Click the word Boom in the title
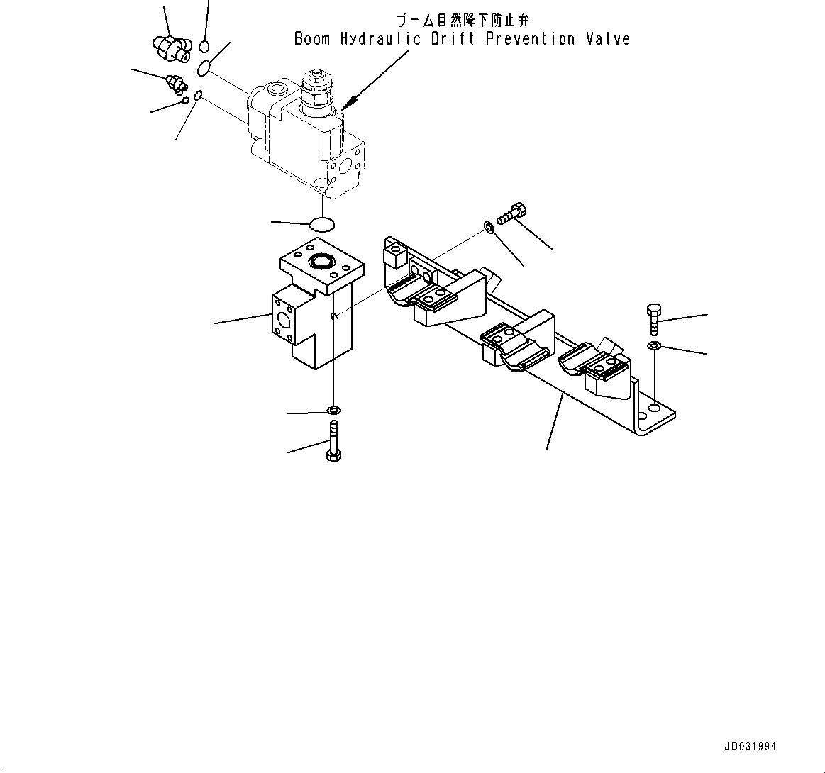(312, 39)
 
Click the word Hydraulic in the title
(380, 39)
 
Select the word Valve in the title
(608, 39)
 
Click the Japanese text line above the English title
(462, 21)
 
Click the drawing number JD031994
(750, 746)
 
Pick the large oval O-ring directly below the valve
(323, 224)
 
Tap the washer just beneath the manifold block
(333, 410)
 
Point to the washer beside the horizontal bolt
(489, 226)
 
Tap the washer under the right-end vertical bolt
(653, 346)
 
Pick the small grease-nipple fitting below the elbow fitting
(175, 84)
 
